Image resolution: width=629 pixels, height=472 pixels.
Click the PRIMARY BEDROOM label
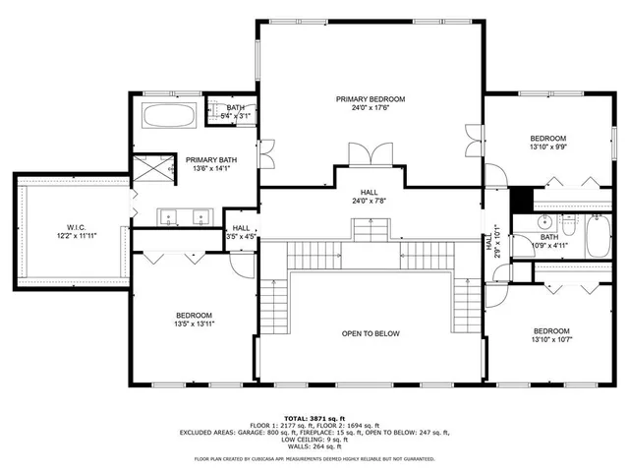(x=370, y=99)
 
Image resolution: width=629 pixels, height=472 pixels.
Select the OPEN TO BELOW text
(x=371, y=333)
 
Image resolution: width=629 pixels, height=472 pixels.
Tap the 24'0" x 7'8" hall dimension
(x=370, y=203)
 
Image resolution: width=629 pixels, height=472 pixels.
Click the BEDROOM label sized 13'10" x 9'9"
(x=547, y=139)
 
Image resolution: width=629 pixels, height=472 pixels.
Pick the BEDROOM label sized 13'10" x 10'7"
(x=550, y=331)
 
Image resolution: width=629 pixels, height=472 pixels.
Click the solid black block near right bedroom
(x=522, y=197)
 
